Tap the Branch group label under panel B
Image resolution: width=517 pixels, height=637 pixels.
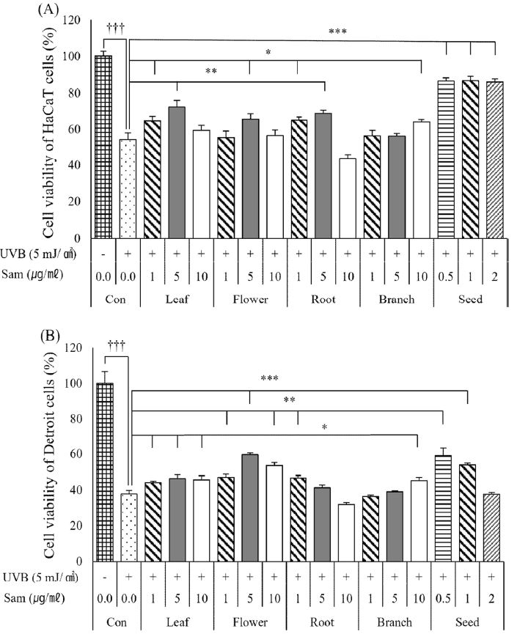pos(397,622)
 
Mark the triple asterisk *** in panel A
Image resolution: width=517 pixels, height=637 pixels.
pos(337,32)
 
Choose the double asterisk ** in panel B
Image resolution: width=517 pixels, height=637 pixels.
pos(288,399)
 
